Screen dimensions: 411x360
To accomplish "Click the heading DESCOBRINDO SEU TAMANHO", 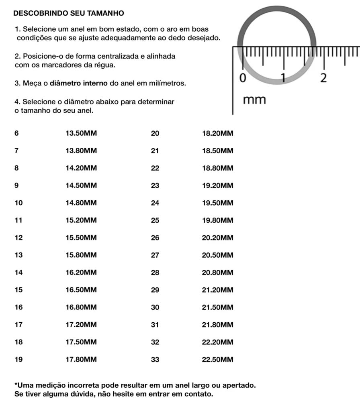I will [x=69, y=13].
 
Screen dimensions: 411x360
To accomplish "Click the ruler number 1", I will [x=283, y=77].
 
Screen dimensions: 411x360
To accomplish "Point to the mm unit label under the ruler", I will [x=255, y=100].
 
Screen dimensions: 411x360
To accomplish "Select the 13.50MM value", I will [x=81, y=134].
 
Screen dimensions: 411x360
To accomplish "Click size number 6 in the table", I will [x=16, y=134].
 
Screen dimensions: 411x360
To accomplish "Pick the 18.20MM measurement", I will [x=217, y=134].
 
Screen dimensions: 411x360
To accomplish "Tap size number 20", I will [x=155, y=134].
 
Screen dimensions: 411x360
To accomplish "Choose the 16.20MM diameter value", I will [x=81, y=273].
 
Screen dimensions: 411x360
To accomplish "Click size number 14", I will [x=18, y=273].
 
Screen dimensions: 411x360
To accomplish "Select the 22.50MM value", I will [x=217, y=360].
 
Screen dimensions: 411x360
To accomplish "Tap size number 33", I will [x=155, y=360].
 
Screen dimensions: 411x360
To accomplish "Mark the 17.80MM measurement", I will [x=81, y=360].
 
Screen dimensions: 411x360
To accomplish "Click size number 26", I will [x=155, y=238].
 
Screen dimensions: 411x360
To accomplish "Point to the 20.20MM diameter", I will [x=217, y=238].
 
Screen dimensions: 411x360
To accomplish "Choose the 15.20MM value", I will [x=81, y=220].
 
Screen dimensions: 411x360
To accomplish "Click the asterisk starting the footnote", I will [x=16, y=384].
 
